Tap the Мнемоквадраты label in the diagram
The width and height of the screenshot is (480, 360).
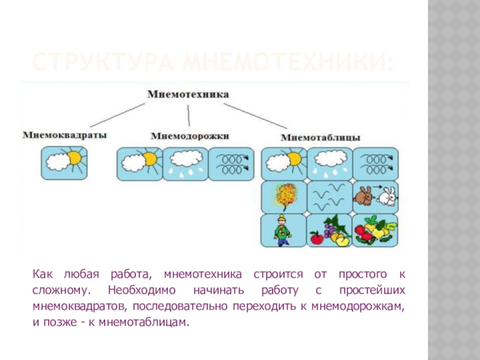(x=65, y=136)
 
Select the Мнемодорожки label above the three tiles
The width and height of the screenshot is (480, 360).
(x=190, y=136)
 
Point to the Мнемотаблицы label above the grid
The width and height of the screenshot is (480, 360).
(x=321, y=137)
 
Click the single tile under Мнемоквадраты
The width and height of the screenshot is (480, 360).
(x=64, y=163)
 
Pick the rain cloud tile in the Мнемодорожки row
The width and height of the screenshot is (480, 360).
(x=185, y=164)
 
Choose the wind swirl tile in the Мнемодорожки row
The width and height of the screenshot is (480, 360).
(x=230, y=163)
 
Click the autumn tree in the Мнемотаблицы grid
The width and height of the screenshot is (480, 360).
(x=283, y=197)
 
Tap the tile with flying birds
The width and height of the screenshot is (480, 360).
(x=329, y=197)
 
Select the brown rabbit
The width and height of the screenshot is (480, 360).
(x=364, y=196)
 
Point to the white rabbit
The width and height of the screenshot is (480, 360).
(x=389, y=196)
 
